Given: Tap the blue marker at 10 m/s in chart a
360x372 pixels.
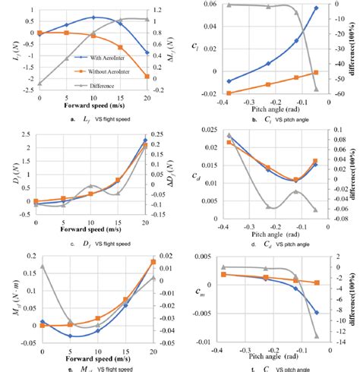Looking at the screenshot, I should [x=93, y=17].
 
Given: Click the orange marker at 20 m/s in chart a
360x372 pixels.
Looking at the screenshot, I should [x=146, y=77].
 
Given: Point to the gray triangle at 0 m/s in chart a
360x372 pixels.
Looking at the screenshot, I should [x=39, y=84].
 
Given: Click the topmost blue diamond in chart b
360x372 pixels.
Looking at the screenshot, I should [x=316, y=8].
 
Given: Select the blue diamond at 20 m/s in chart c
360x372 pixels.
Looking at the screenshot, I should [x=146, y=140].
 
